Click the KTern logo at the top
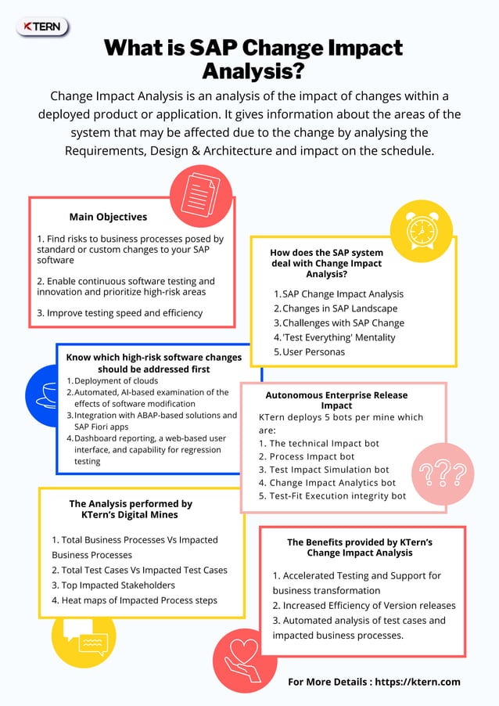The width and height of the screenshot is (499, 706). (x=42, y=27)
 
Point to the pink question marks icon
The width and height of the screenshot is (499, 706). (x=442, y=474)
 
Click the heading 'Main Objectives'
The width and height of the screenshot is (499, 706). (x=108, y=217)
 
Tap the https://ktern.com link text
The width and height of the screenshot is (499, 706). (x=418, y=682)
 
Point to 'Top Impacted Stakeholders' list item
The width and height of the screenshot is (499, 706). (x=113, y=585)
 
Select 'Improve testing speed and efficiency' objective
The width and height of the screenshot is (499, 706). (x=120, y=312)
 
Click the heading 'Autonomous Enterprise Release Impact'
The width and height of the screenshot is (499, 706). (x=336, y=400)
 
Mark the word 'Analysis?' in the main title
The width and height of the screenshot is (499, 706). (x=252, y=72)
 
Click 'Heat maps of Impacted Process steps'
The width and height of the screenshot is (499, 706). (x=134, y=600)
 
